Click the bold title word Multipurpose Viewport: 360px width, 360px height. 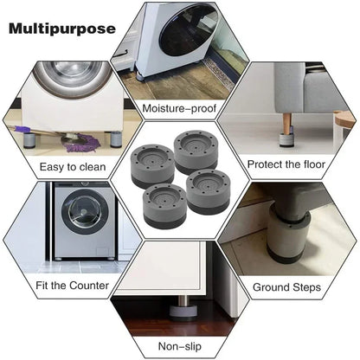tap(62, 29)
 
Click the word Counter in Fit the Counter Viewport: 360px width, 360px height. tap(89, 285)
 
